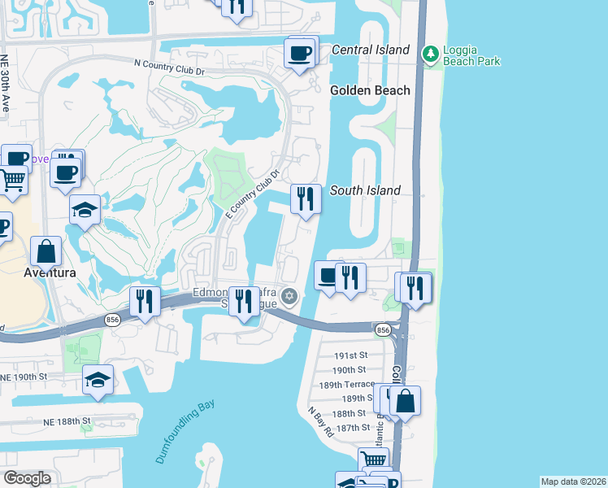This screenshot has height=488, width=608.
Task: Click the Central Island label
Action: tap(370, 50)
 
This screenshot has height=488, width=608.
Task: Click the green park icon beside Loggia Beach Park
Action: tap(429, 54)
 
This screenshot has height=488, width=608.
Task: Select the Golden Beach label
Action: tap(370, 90)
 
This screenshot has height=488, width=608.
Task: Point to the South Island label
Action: tap(365, 190)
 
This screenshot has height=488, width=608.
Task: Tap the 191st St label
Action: tap(352, 355)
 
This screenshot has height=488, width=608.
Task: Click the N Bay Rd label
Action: tap(320, 421)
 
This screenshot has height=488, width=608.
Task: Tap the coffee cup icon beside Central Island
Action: tap(300, 54)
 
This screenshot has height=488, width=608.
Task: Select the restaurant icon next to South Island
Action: tap(305, 198)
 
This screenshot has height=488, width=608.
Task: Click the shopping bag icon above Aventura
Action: tap(46, 251)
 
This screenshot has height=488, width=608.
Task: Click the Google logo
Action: tap(27, 478)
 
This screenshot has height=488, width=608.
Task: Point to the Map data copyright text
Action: tap(573, 481)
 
